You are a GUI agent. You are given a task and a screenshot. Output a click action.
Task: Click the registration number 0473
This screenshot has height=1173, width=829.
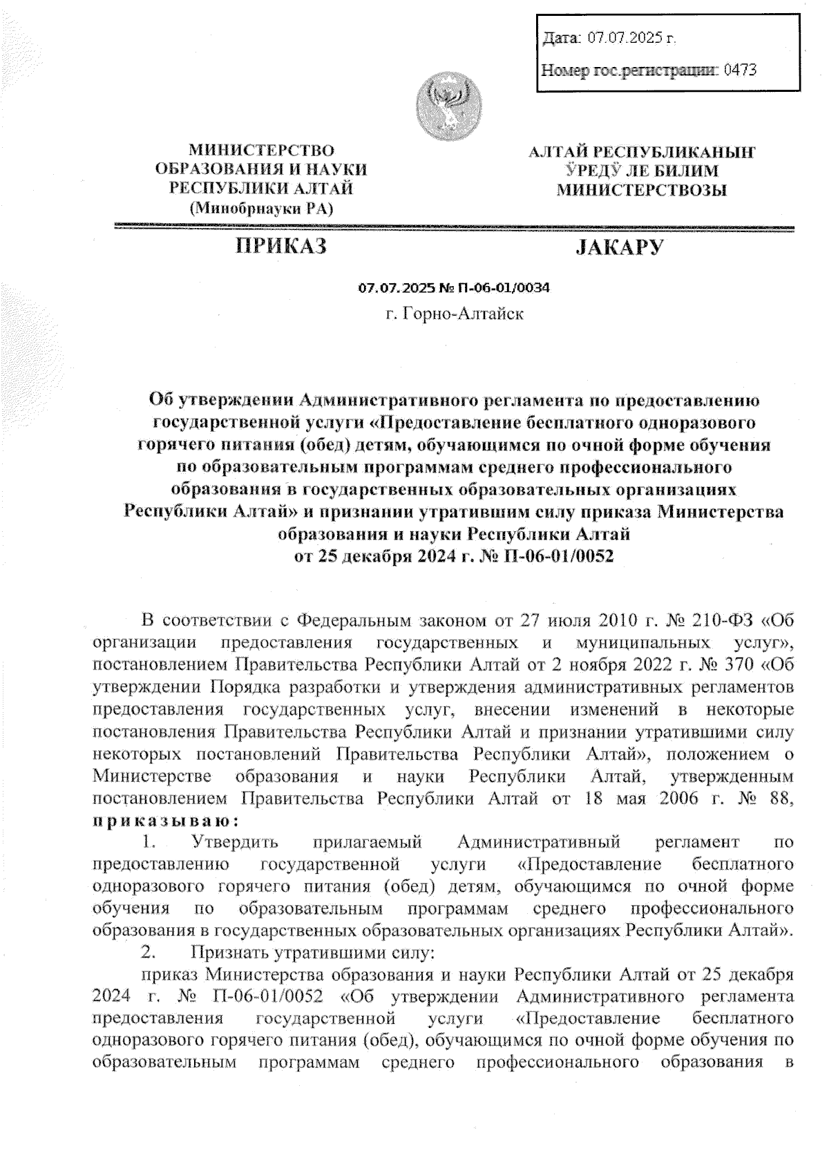tap(740, 70)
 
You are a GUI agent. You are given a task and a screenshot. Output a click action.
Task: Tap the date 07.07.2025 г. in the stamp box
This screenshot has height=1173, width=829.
tap(631, 37)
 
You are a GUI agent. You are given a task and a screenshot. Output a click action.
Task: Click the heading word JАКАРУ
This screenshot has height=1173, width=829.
tap(620, 247)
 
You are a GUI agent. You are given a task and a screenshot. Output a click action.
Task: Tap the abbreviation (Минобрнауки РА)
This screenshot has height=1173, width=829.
tap(261, 207)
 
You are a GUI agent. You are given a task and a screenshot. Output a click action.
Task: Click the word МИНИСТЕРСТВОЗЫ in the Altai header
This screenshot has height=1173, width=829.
tap(642, 190)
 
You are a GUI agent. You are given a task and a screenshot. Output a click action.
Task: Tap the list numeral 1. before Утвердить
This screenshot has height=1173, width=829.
tap(147, 842)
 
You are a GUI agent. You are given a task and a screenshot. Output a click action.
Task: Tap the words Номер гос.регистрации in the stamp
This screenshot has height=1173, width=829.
tap(629, 70)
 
